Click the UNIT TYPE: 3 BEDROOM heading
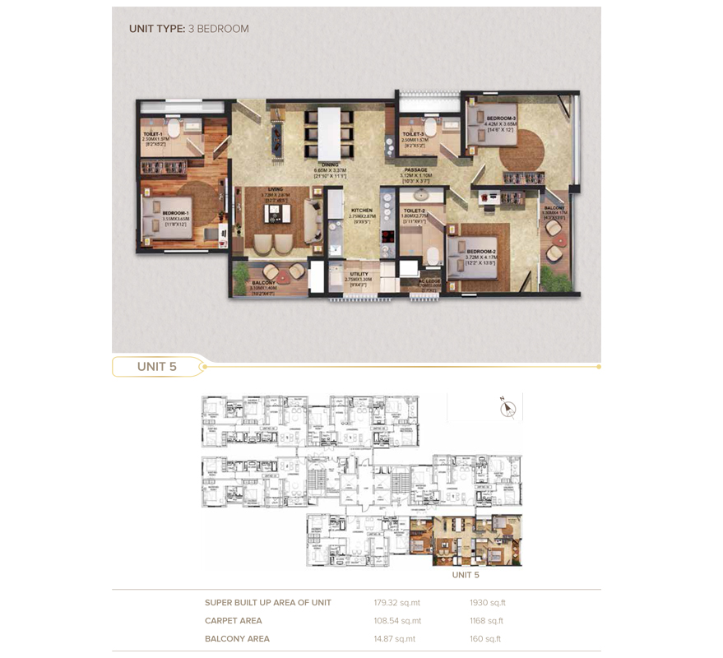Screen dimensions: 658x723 [x=188, y=29]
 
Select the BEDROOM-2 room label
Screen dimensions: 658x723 [x=480, y=251]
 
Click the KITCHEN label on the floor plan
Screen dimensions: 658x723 [x=362, y=211]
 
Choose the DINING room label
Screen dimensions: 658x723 [x=330, y=164]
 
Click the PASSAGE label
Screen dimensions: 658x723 [x=415, y=170]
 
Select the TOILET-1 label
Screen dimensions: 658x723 [x=153, y=133]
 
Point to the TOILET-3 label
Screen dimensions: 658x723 [x=413, y=133]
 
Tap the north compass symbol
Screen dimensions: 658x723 [x=507, y=408]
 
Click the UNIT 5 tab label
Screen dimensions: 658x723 [x=156, y=367]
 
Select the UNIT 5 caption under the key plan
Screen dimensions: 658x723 [x=466, y=575]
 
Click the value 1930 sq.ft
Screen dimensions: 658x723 [x=488, y=603]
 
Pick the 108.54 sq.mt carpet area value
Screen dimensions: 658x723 [x=397, y=621]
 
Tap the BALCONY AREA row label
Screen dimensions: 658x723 [x=237, y=639]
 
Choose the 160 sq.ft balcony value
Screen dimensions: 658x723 [x=485, y=639]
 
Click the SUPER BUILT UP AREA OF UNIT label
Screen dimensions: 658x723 [x=268, y=603]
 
